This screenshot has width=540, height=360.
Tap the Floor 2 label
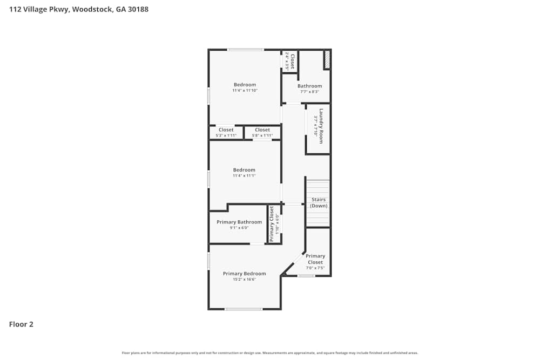(21, 324)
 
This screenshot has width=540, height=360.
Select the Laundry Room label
(321, 126)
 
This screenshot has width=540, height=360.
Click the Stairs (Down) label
(319, 203)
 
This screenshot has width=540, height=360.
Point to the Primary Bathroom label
(239, 222)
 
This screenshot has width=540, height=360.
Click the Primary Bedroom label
(245, 274)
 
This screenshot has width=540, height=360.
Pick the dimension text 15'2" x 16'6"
(245, 280)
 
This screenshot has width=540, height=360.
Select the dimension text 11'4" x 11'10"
(245, 91)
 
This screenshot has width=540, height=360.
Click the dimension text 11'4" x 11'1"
(244, 175)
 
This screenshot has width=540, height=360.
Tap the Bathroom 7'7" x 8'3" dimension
(309, 92)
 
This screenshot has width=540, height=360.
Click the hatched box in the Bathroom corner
(327, 60)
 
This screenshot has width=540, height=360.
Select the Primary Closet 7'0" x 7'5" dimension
(315, 268)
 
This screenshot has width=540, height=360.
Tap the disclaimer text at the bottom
(270, 353)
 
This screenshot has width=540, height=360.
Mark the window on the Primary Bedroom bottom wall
(244, 309)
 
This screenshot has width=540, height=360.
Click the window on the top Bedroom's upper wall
(245, 50)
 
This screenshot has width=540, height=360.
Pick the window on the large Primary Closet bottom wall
(306, 276)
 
